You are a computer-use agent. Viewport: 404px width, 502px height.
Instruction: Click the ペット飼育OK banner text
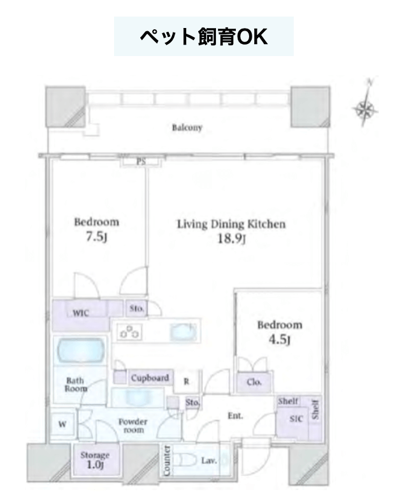coord(204,36)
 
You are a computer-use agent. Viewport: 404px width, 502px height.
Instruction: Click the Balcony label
coord(187,127)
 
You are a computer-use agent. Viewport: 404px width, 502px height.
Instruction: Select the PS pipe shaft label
coord(141,162)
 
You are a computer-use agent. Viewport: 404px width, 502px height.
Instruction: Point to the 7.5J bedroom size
coord(96,236)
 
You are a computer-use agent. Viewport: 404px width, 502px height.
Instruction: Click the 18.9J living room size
coord(231,238)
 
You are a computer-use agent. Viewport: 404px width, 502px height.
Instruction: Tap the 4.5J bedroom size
coord(280,339)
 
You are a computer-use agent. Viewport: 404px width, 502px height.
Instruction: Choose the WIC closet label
coord(81,313)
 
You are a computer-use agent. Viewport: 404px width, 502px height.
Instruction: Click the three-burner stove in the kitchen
coord(129,332)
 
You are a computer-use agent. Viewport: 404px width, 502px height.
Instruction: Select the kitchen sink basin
coord(183,332)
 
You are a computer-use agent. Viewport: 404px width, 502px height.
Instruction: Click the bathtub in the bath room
coord(81,350)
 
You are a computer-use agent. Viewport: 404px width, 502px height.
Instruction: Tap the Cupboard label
coord(150,378)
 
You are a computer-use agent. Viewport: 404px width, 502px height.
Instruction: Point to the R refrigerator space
coord(186,382)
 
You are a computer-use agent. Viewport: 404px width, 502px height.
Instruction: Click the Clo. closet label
coord(254,382)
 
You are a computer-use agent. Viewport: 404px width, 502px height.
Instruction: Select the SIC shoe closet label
coord(296,419)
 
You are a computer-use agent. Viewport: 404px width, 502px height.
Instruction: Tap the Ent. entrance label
coord(235,416)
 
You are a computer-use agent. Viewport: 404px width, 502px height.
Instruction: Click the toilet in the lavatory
coord(185,461)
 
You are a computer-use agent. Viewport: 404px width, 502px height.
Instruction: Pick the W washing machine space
coord(62,424)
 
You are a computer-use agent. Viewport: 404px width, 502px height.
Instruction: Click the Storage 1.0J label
coord(95,460)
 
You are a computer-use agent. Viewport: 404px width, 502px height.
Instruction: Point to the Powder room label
coord(133,426)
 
